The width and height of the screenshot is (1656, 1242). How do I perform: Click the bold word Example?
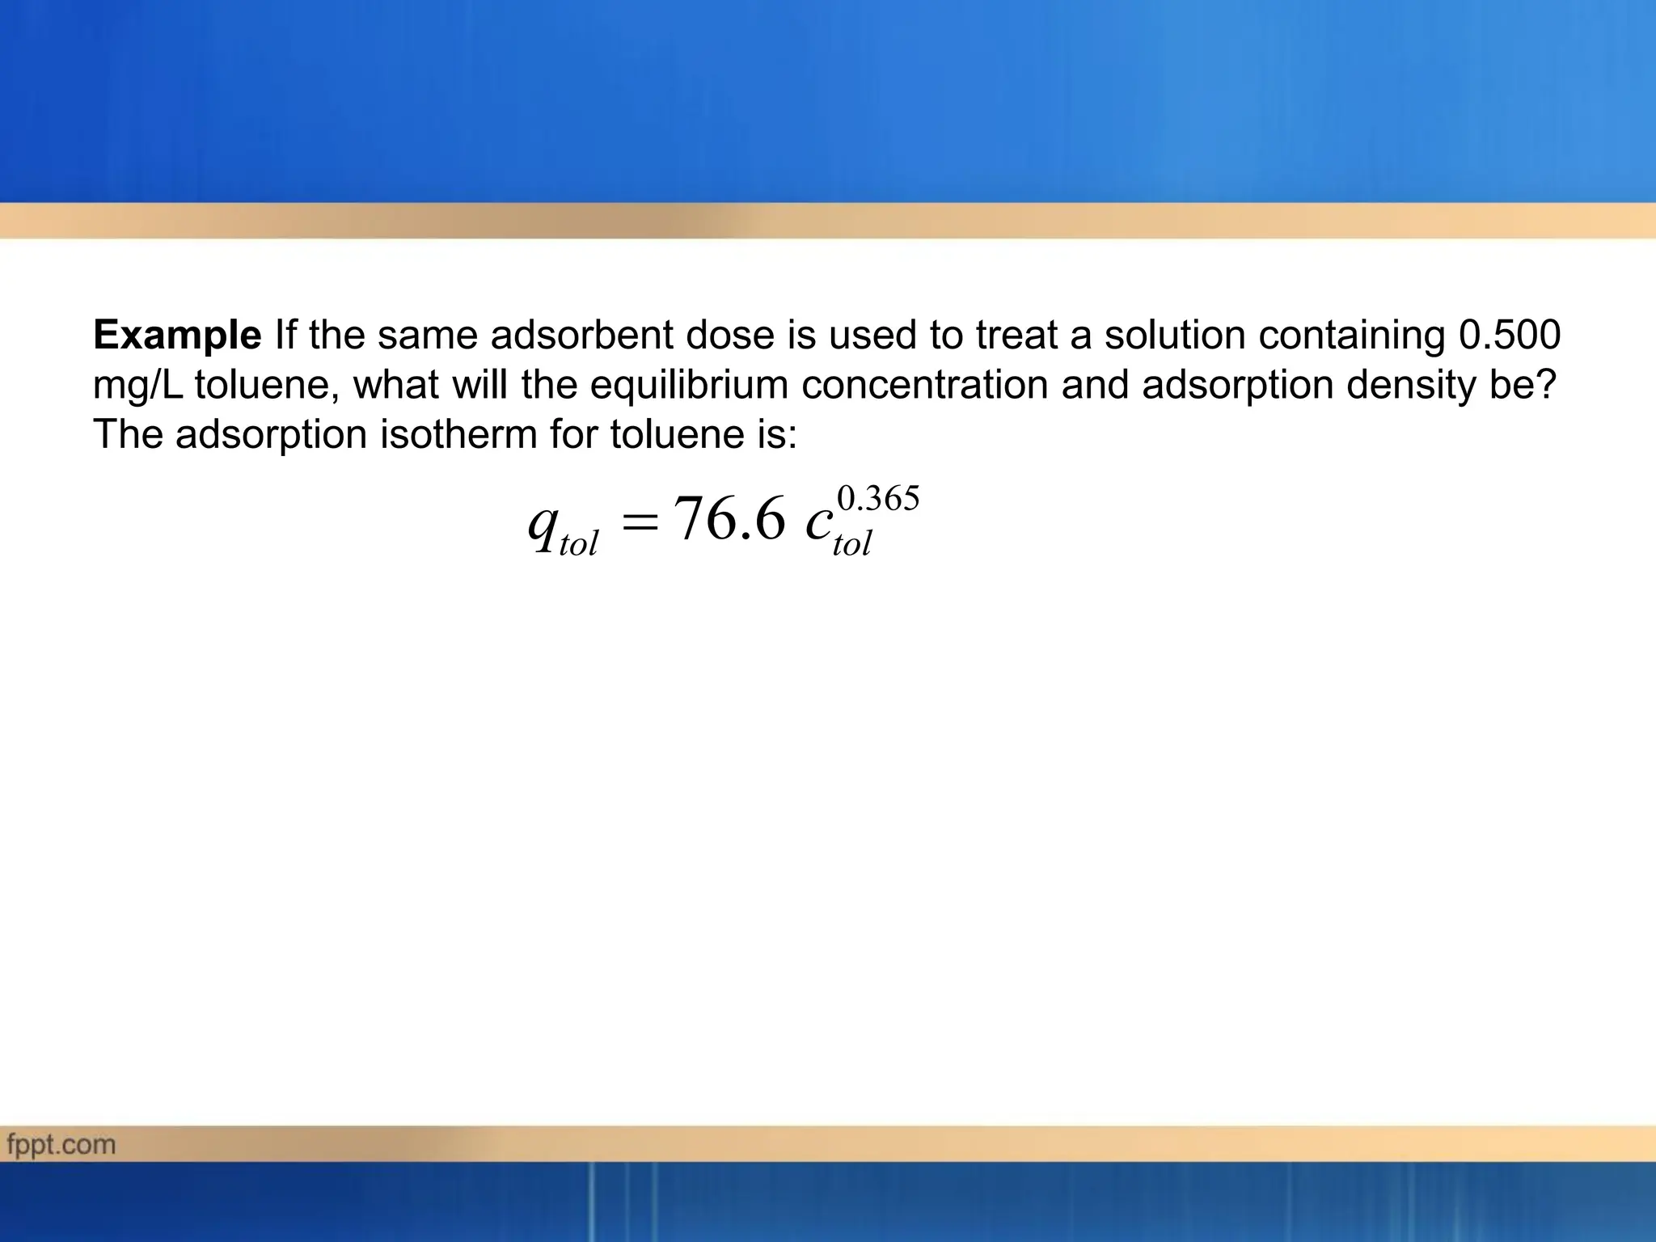point(177,336)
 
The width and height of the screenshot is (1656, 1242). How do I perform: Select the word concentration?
point(924,386)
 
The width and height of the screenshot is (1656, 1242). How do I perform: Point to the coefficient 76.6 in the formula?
point(729,519)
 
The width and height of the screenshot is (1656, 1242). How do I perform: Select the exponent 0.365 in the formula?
point(878,499)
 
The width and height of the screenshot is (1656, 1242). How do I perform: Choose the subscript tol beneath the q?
point(578,544)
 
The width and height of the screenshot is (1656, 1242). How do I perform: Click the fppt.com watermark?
point(61,1145)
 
